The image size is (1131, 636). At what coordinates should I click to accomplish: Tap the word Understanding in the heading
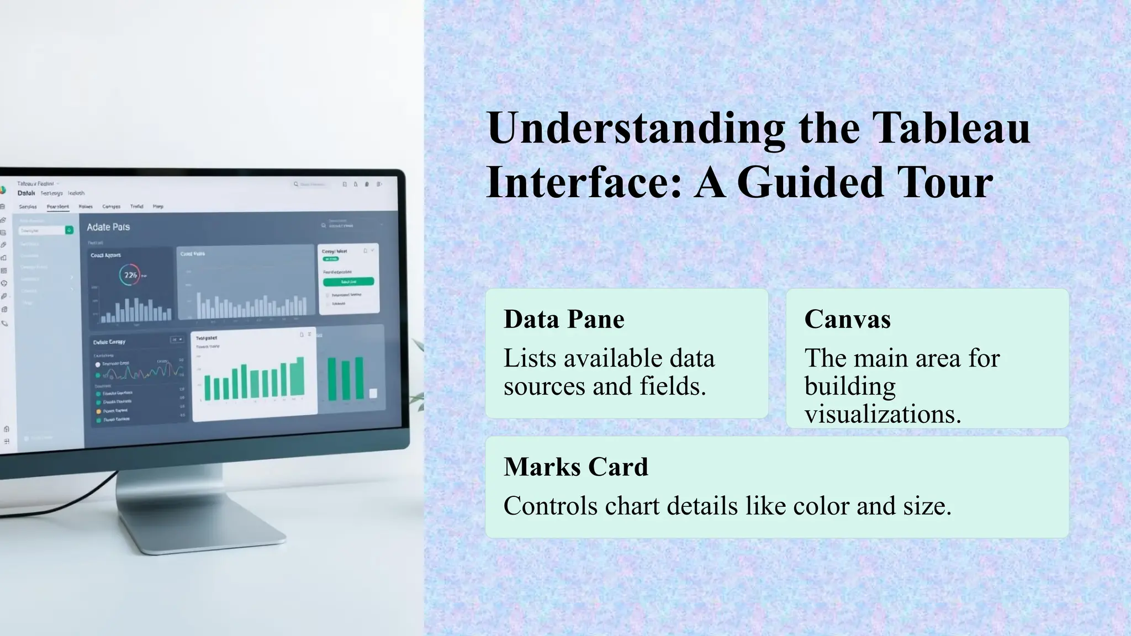635,128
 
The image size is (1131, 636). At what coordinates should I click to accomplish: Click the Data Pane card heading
564,319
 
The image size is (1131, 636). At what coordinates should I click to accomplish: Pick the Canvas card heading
847,319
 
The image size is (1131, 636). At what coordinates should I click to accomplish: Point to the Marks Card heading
575,467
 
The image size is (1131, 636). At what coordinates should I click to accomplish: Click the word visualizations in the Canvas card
882,414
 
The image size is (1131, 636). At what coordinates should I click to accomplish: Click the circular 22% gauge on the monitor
130,275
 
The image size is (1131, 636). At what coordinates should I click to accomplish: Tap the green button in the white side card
348,282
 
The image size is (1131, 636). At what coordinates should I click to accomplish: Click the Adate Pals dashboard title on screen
108,227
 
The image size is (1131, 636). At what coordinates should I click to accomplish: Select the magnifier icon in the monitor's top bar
296,184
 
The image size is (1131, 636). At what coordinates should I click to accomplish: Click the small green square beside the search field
69,230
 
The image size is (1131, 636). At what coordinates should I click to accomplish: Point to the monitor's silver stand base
210,530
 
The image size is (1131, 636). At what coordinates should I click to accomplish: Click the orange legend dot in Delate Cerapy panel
99,411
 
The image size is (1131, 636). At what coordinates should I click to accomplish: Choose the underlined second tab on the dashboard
57,206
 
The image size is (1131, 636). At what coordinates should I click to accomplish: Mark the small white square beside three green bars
373,393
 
